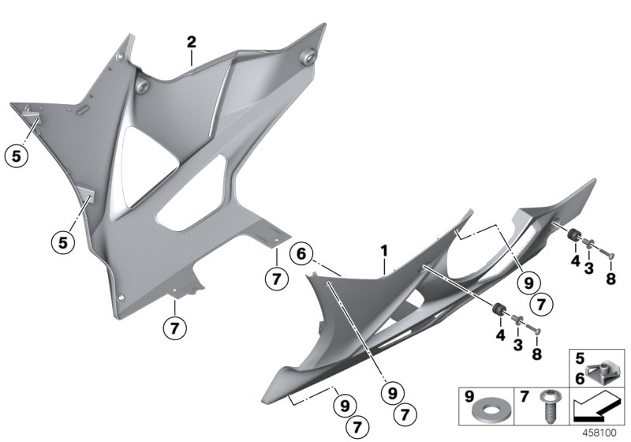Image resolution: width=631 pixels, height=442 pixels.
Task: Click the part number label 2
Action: point(191,41)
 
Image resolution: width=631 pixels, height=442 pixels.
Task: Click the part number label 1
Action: point(384,251)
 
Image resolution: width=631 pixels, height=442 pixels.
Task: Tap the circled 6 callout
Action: point(299,254)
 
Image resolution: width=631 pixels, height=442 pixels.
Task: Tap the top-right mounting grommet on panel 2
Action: point(307,56)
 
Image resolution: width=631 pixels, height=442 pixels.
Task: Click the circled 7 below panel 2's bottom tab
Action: point(176,325)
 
